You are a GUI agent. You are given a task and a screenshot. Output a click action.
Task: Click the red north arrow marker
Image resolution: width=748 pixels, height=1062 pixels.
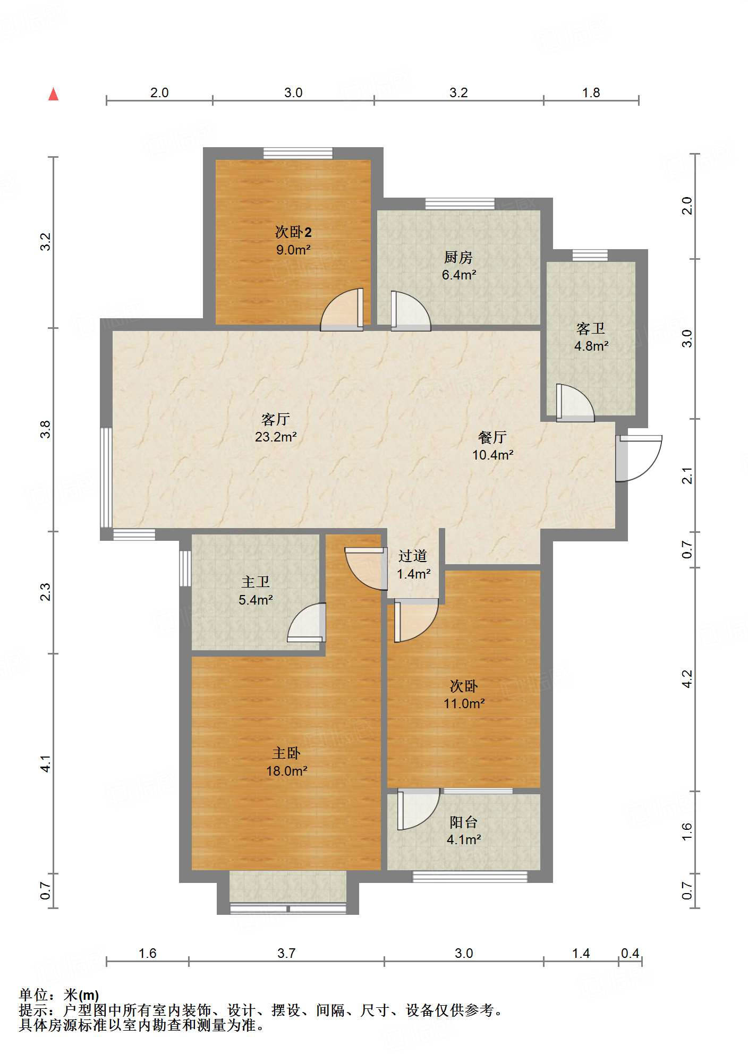(x=53, y=94)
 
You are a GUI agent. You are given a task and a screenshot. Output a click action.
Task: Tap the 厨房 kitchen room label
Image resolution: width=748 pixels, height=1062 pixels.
(x=458, y=258)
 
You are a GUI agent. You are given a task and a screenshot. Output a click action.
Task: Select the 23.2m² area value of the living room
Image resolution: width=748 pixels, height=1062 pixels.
(x=275, y=437)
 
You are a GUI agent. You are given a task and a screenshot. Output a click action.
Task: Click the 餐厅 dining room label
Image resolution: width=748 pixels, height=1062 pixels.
(x=492, y=437)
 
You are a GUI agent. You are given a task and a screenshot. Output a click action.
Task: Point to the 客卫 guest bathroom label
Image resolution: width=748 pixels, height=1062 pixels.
(x=590, y=329)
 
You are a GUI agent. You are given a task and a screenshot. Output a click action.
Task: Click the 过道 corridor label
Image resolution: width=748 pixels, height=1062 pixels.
(x=413, y=556)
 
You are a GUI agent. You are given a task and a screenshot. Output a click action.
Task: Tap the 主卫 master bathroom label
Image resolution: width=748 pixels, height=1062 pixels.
(x=256, y=582)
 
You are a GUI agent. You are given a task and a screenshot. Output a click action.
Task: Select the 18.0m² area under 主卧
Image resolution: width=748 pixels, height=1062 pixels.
(x=286, y=771)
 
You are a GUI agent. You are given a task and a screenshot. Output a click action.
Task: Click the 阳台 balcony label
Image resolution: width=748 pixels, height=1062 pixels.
(x=463, y=822)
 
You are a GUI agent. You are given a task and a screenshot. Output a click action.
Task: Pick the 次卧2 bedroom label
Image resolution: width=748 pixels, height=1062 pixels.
(x=293, y=232)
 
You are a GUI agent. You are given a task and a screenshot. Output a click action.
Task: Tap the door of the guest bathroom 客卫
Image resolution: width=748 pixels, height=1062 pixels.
(x=573, y=403)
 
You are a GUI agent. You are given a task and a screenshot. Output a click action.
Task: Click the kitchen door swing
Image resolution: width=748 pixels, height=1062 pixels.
(x=409, y=311)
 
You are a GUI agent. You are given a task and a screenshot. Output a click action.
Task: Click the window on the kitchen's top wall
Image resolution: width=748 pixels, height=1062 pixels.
(x=460, y=203)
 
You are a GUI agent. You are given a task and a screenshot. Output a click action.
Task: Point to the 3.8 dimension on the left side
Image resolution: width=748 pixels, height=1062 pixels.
(x=46, y=429)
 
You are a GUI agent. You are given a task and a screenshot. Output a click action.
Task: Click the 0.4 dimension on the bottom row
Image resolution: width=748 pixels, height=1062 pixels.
(x=630, y=953)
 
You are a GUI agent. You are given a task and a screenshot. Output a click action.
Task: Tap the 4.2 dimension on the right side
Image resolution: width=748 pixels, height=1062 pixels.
(x=687, y=678)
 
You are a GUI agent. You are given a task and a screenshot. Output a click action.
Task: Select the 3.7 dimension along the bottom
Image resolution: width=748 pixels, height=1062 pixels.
(x=286, y=953)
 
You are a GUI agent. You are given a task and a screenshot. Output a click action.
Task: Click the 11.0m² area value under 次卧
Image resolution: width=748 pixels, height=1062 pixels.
(x=464, y=704)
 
